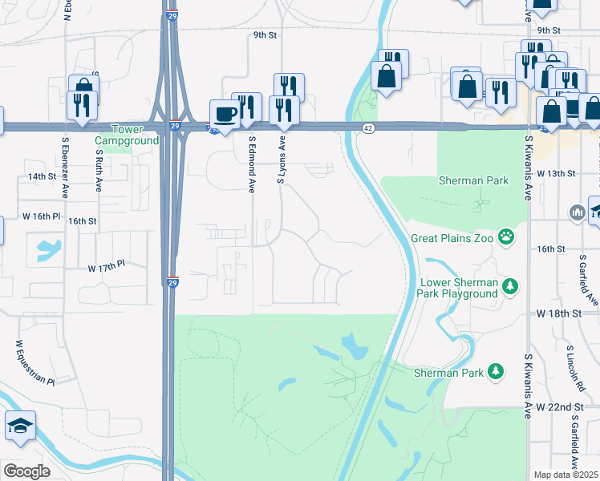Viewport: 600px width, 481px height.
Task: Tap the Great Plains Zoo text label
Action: click(x=452, y=237)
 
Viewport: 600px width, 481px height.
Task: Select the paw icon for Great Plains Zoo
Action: click(x=506, y=236)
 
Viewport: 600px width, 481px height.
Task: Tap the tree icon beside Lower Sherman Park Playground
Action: click(x=509, y=286)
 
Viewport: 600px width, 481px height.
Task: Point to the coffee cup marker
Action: click(x=224, y=113)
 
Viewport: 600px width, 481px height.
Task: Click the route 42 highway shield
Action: click(x=367, y=128)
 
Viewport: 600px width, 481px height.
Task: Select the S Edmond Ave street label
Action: click(x=251, y=164)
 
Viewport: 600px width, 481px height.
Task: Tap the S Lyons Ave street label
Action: click(x=281, y=159)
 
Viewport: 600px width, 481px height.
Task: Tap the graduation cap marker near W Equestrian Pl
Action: click(x=19, y=426)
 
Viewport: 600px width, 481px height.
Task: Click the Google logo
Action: click(x=26, y=471)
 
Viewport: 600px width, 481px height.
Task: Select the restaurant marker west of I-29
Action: click(x=82, y=105)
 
